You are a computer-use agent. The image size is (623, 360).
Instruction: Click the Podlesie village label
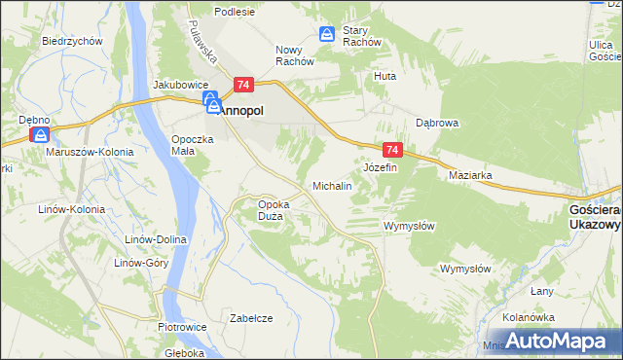pyautogui.click(x=235, y=12)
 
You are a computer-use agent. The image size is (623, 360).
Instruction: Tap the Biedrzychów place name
pyautogui.click(x=73, y=41)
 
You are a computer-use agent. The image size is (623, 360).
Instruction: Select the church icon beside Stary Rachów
pyautogui.click(x=328, y=35)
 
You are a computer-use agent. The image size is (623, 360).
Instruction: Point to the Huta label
pyautogui.click(x=385, y=75)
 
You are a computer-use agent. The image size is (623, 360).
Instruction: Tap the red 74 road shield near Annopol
pyautogui.click(x=243, y=86)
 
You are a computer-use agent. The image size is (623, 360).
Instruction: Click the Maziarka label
pyautogui.click(x=470, y=176)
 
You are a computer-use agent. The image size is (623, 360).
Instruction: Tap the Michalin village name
pyautogui.click(x=331, y=185)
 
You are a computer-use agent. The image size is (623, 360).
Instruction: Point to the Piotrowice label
pyautogui.click(x=179, y=327)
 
